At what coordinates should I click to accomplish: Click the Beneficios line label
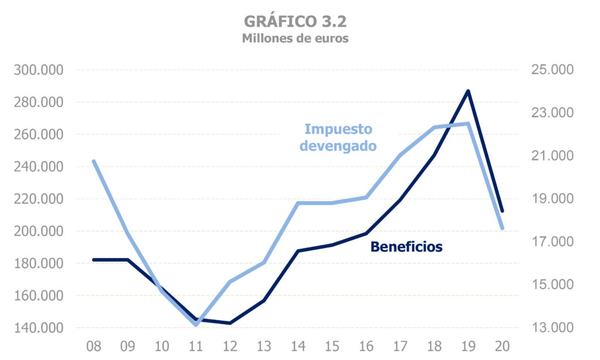(x=406, y=247)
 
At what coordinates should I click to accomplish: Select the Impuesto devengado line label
(x=338, y=137)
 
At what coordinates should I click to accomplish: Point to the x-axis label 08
(x=94, y=346)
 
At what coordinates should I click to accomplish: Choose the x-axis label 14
(x=298, y=346)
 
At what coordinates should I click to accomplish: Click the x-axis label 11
(x=196, y=346)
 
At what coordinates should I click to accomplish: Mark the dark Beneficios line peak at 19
(x=468, y=91)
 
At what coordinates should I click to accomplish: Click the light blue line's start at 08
(x=94, y=161)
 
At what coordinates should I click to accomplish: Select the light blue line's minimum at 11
(x=196, y=324)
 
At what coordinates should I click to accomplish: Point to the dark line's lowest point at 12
(x=230, y=323)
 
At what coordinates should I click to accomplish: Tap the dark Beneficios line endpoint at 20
(x=502, y=211)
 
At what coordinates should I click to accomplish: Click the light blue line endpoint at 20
(x=502, y=228)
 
